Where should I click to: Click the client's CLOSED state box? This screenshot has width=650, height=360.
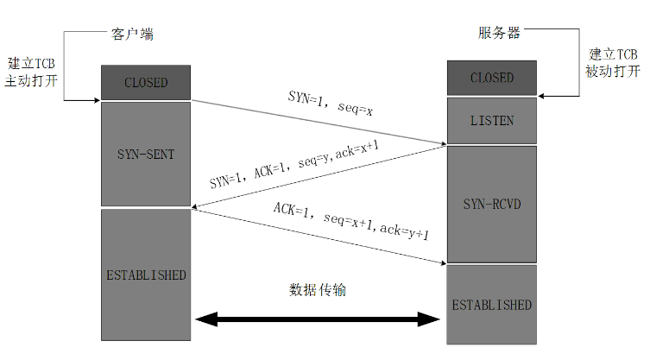[145, 83]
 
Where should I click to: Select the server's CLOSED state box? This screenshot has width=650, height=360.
[491, 78]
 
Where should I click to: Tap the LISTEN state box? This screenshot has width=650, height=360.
[491, 120]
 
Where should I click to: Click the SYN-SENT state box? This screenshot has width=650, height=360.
[145, 155]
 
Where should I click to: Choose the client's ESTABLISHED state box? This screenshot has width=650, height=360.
[145, 275]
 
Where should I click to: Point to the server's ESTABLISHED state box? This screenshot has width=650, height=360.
[491, 305]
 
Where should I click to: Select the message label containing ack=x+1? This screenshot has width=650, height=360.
[294, 166]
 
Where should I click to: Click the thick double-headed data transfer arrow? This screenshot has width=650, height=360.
[318, 320]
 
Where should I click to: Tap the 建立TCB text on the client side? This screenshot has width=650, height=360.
[33, 64]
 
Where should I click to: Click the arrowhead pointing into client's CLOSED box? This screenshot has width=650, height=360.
[96, 100]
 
